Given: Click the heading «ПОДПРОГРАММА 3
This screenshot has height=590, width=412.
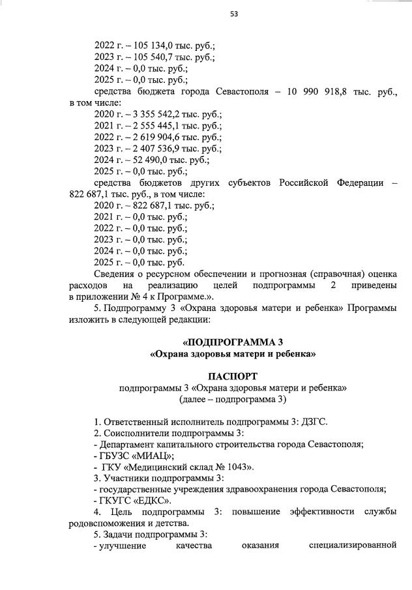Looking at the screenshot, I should pyautogui.click(x=233, y=341).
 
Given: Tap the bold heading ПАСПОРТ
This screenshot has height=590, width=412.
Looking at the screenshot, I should pyautogui.click(x=233, y=376).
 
